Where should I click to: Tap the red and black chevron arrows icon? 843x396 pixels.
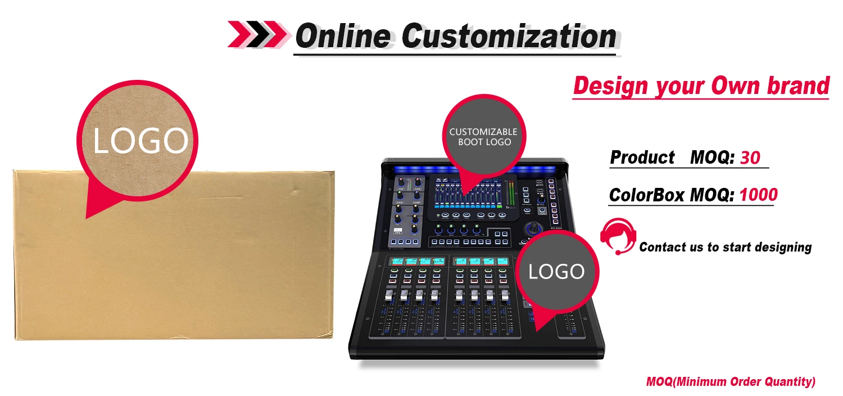[x=258, y=34]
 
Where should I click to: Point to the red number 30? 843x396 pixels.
[x=750, y=157]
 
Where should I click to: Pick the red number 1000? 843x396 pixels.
[x=758, y=195]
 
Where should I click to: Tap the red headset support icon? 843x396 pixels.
[x=618, y=236]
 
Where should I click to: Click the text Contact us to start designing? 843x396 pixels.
[x=725, y=247]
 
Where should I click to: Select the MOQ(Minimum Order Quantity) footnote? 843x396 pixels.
[x=731, y=382]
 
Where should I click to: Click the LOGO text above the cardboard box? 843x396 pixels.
[x=139, y=141]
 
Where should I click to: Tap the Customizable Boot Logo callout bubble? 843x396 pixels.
[x=483, y=137]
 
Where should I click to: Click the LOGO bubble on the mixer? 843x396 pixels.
[x=556, y=272]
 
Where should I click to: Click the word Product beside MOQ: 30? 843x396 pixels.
[x=642, y=157]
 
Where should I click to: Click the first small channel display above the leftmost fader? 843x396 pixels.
[x=397, y=261]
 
